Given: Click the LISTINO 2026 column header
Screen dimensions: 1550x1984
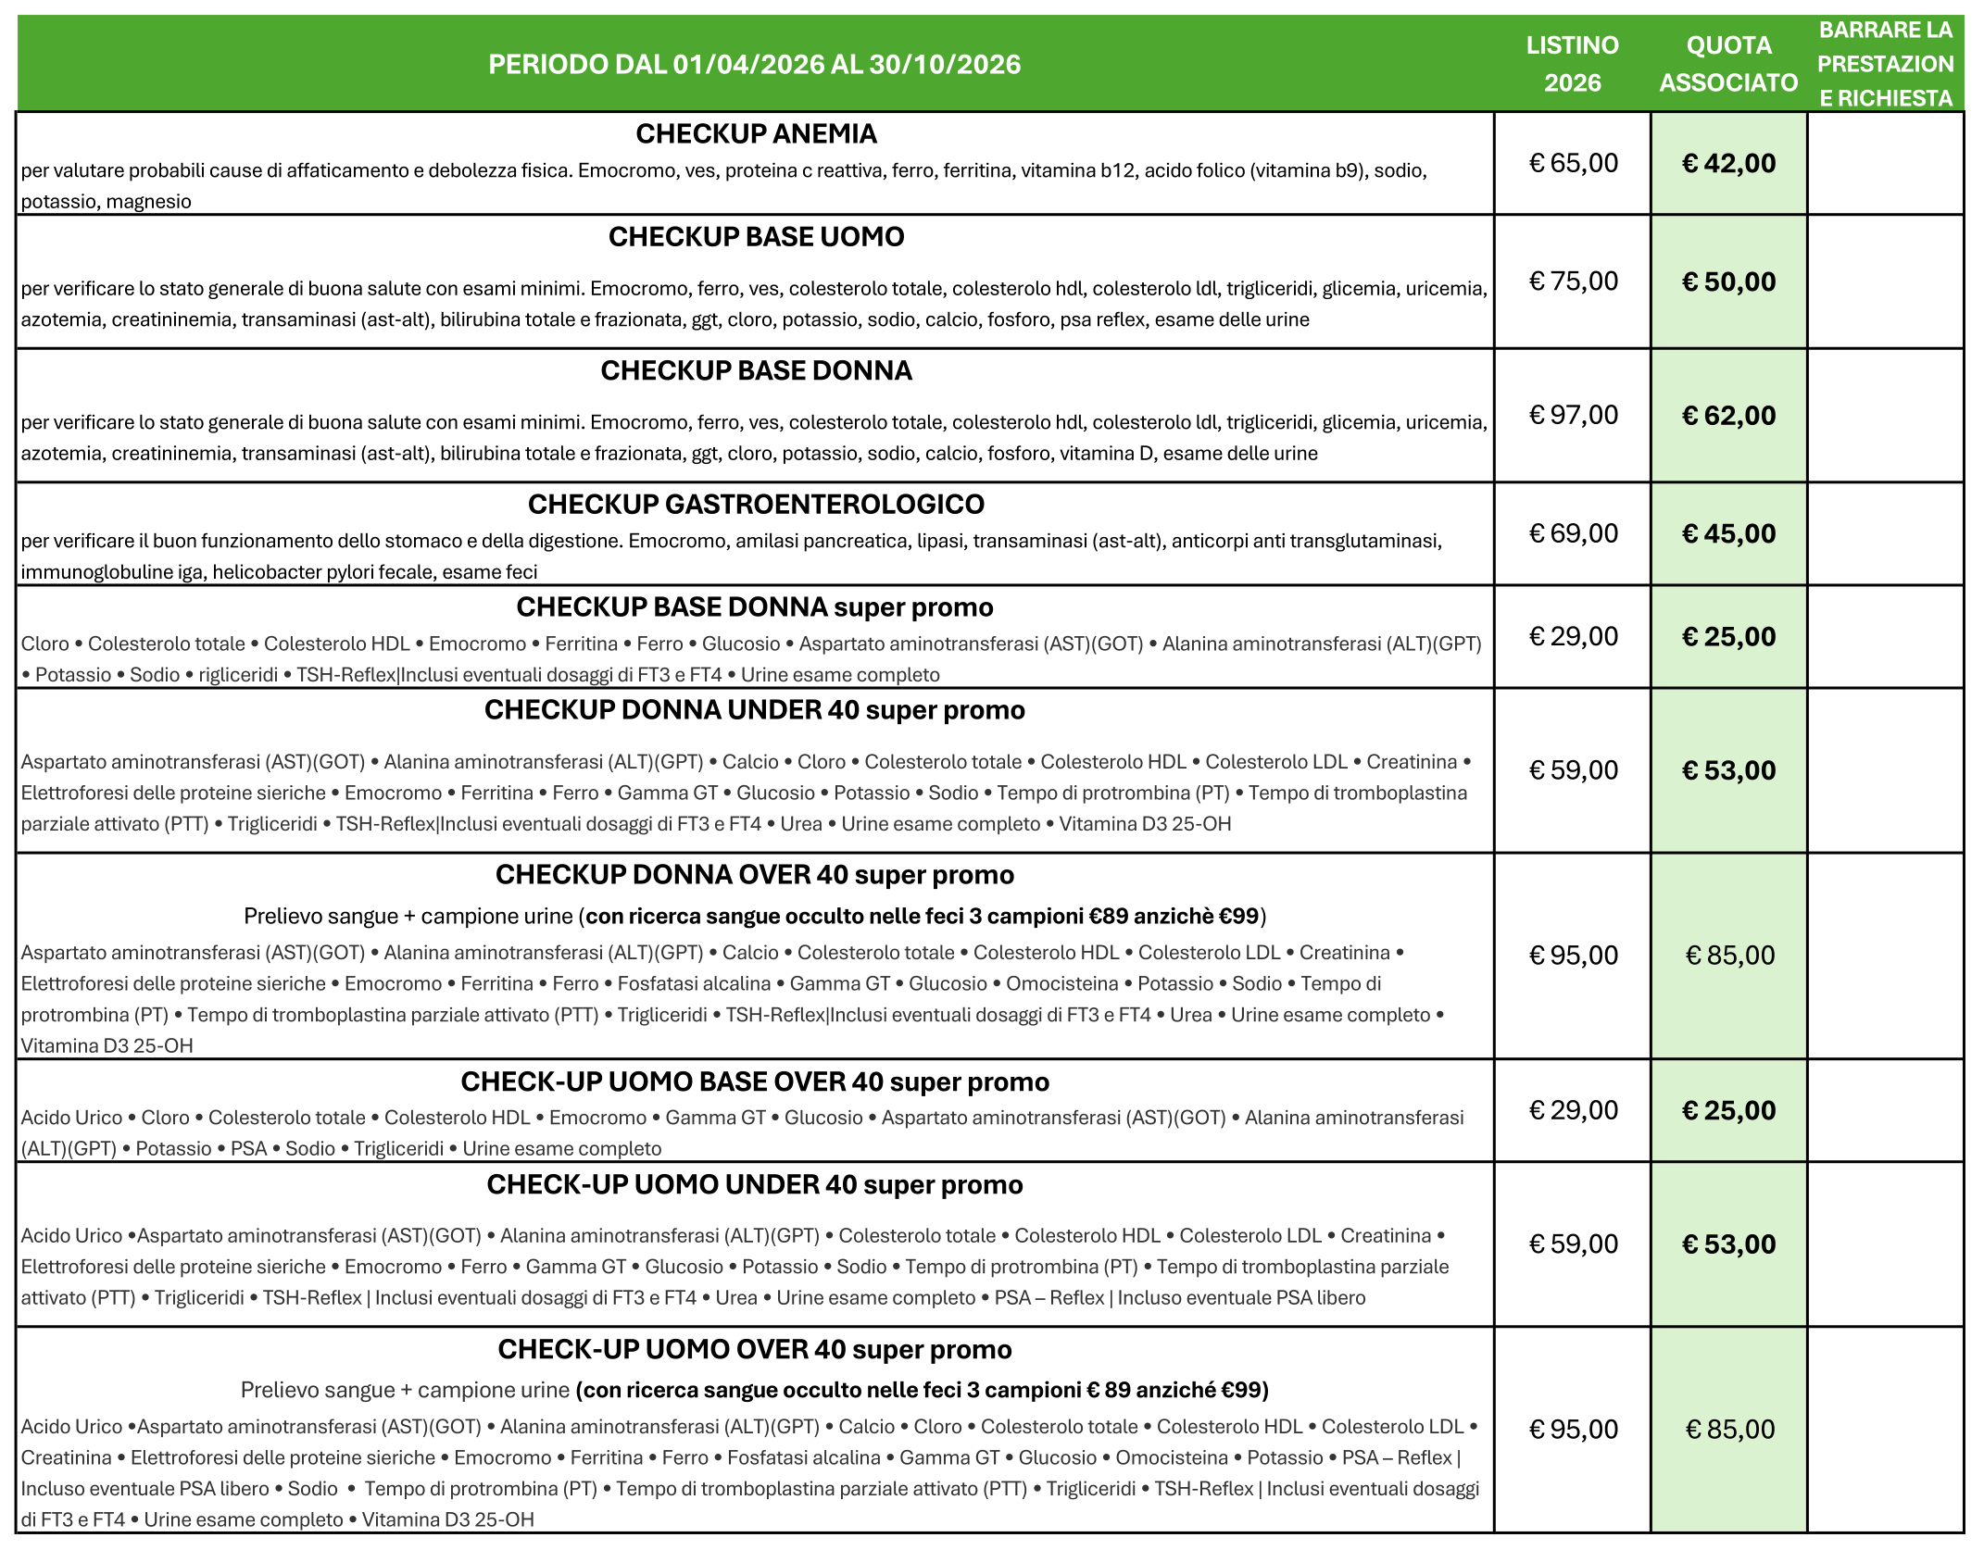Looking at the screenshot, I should (1572, 64).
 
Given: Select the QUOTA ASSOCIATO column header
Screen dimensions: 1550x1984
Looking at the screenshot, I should (1728, 64).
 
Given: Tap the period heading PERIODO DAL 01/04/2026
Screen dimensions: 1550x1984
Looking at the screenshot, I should (754, 64).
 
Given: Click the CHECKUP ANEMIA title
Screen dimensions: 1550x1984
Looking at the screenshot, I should (756, 134).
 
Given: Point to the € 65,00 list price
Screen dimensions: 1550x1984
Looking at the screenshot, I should (1573, 163).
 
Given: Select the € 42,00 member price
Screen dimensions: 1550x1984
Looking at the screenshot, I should (1728, 163).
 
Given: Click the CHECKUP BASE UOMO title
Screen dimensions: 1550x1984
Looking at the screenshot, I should (756, 237).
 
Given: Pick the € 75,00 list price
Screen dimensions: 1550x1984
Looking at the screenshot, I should (1573, 281).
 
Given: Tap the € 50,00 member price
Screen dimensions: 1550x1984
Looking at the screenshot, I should (1728, 281).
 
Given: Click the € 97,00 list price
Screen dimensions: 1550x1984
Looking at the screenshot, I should (1573, 415).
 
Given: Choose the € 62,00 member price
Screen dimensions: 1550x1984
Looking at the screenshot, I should (1728, 415).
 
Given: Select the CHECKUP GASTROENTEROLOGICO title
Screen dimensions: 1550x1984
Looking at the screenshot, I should (756, 505).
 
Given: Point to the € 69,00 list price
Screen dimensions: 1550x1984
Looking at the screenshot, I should (1573, 533).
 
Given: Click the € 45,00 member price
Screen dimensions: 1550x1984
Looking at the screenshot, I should (1728, 533).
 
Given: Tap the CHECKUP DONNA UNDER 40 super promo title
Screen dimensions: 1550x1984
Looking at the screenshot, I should (754, 710).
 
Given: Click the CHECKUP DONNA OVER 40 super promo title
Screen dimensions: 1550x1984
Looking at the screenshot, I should (754, 875).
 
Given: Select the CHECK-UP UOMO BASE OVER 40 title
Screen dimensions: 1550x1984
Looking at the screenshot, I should (754, 1081).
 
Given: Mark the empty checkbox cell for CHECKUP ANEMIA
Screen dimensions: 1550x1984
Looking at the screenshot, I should (1885, 163).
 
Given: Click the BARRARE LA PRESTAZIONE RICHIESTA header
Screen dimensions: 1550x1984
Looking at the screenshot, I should (1885, 64).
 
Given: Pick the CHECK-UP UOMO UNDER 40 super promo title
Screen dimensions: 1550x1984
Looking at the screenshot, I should (754, 1185).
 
